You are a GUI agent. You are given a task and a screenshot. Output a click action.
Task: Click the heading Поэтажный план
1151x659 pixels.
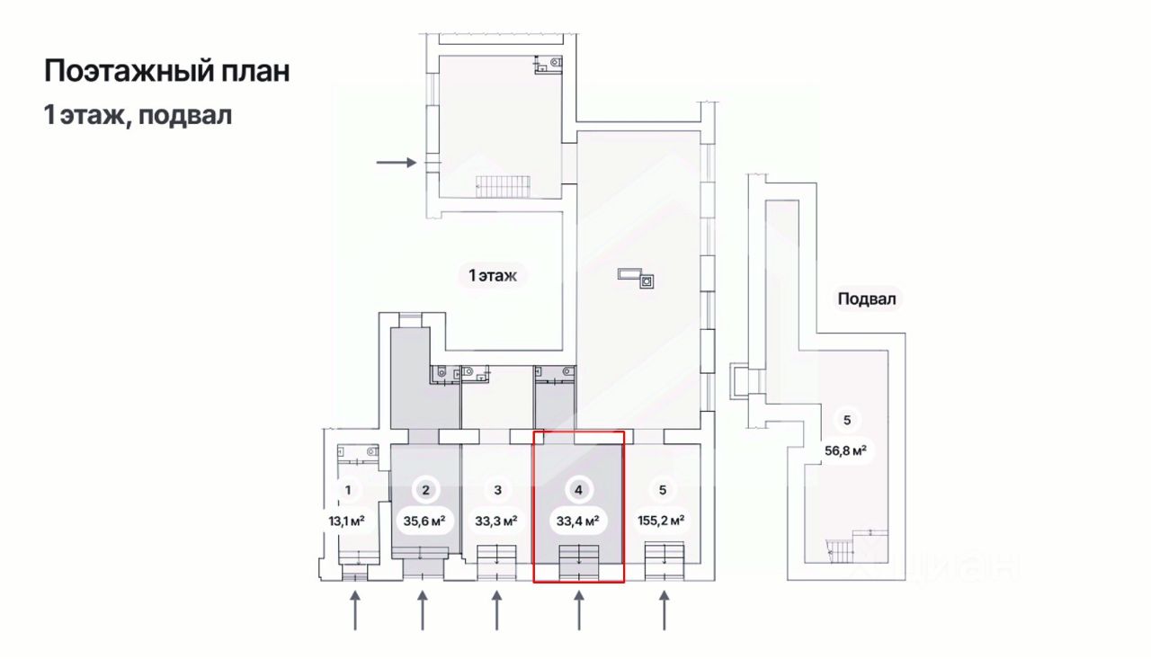pyautogui.click(x=167, y=71)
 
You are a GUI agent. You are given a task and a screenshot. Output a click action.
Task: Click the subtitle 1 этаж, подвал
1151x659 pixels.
pyautogui.click(x=138, y=115)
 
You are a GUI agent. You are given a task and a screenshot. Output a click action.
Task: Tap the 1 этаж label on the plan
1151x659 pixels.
pyautogui.click(x=493, y=276)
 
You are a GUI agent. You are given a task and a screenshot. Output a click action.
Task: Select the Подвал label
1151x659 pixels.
pyautogui.click(x=867, y=299)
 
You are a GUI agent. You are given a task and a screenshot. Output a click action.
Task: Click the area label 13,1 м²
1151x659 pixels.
pyautogui.click(x=347, y=520)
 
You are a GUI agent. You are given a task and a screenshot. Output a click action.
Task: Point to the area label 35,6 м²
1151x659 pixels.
pyautogui.click(x=424, y=520)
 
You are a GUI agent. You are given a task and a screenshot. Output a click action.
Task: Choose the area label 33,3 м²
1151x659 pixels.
pyautogui.click(x=497, y=520)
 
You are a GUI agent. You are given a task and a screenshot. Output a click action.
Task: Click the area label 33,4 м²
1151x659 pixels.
pyautogui.click(x=578, y=520)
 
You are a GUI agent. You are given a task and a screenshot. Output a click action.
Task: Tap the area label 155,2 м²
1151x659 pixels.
pyautogui.click(x=663, y=520)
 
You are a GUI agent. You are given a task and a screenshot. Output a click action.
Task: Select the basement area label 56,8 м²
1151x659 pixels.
pyautogui.click(x=845, y=450)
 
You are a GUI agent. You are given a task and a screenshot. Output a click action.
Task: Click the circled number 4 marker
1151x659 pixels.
pyautogui.click(x=578, y=490)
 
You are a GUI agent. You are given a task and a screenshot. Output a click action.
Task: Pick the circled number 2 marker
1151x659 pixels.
pyautogui.click(x=424, y=490)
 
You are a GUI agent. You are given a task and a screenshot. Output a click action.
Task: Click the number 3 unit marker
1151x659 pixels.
pyautogui.click(x=497, y=490)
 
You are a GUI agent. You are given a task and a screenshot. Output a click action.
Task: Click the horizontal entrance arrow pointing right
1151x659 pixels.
pyautogui.click(x=397, y=163)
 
